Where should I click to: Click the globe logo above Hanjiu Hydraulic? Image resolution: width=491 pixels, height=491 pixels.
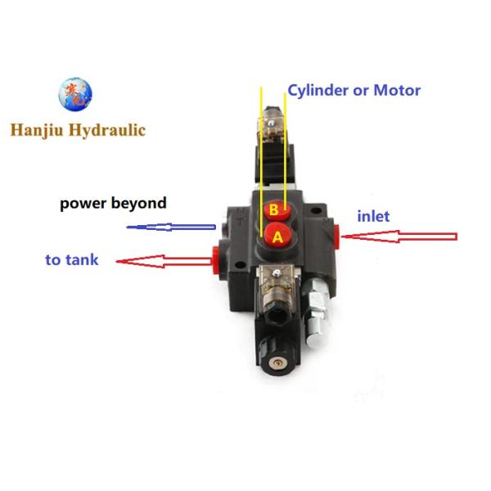point(75,94)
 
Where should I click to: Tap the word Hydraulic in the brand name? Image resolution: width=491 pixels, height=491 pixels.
point(107,130)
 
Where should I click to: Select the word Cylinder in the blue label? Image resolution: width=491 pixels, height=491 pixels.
point(318,91)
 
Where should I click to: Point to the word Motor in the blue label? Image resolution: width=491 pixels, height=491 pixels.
point(397,91)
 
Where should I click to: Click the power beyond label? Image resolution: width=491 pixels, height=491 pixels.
point(113,204)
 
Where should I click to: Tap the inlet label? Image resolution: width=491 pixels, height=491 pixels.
point(374,216)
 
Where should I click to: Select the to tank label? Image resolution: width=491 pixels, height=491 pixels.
point(72,260)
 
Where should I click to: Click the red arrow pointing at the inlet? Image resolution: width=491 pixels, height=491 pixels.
point(399,236)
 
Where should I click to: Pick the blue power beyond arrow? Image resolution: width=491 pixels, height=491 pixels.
point(171,227)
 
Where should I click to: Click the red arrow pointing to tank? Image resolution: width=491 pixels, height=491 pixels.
point(164,262)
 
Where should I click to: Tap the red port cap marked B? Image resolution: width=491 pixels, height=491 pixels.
point(277,210)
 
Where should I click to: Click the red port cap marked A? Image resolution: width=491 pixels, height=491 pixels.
point(278,236)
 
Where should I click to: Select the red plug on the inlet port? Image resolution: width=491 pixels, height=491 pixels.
point(336,236)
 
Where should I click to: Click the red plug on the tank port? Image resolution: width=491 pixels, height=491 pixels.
point(215,259)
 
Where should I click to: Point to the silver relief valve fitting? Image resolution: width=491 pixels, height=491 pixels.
point(316,313)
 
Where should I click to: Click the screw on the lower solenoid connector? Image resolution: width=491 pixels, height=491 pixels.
point(277,273)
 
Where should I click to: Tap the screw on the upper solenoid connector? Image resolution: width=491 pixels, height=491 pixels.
point(271,124)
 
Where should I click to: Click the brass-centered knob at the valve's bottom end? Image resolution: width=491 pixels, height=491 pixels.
point(277,363)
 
